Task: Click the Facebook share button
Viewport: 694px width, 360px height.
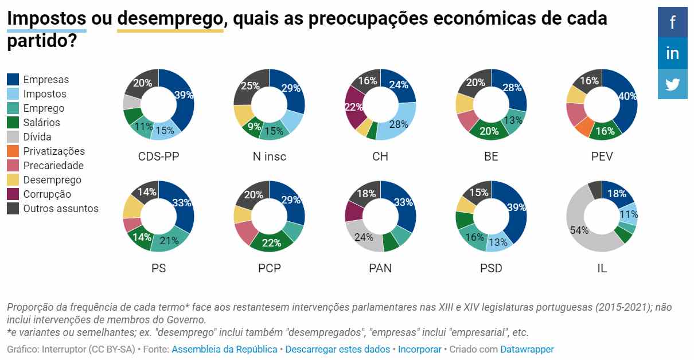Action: [672, 22]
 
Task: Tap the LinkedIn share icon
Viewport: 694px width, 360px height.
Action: [672, 53]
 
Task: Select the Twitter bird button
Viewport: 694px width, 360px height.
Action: [672, 84]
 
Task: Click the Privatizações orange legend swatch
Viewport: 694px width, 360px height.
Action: [13, 151]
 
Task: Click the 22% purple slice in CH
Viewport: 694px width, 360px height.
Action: [353, 107]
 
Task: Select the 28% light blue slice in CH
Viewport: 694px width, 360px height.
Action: [398, 124]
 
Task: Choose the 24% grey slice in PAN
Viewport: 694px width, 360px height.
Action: [364, 237]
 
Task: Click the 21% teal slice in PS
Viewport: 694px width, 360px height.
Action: [170, 240]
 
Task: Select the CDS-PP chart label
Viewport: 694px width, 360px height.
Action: [158, 156]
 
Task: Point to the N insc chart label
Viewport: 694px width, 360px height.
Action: [269, 156]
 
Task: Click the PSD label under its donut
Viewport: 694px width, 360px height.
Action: [491, 268]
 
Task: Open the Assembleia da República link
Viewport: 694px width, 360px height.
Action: [224, 349]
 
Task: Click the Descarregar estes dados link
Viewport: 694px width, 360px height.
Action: [337, 349]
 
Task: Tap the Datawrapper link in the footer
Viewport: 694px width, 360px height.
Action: [527, 349]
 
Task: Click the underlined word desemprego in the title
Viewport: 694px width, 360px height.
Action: [170, 18]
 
